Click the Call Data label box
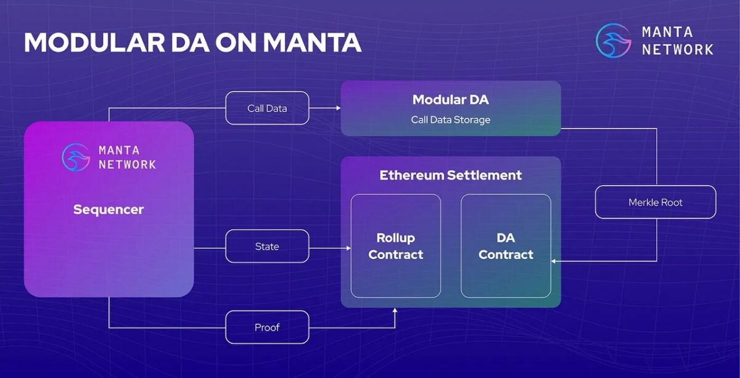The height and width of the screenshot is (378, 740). tap(267, 108)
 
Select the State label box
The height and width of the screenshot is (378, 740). tap(267, 246)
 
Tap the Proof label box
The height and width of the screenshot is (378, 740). tap(267, 327)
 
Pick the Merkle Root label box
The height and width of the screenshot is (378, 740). tap(655, 202)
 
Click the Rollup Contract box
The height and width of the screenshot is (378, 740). tap(395, 246)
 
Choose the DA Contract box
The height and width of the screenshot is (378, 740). tap(506, 246)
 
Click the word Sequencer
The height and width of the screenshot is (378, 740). tap(109, 210)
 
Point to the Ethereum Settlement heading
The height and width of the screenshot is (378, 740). tap(450, 175)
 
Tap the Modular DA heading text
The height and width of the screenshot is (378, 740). tap(450, 100)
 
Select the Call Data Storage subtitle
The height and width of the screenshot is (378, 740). tap(450, 120)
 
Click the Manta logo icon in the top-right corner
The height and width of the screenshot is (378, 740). tap(613, 40)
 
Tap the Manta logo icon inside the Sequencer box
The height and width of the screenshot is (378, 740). tap(76, 157)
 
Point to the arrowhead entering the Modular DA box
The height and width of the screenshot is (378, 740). tap(338, 108)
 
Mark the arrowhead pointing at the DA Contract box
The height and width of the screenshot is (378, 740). tap(554, 261)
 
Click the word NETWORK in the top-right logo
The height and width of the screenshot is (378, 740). tap(677, 49)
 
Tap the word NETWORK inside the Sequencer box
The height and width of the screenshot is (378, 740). tap(127, 165)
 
